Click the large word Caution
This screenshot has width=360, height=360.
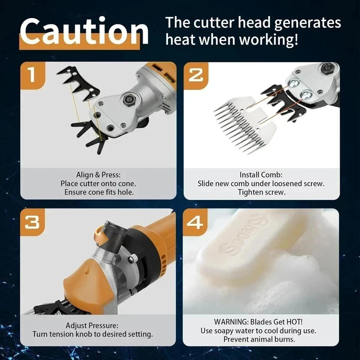tap(84, 31)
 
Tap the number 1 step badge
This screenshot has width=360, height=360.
tap(32, 75)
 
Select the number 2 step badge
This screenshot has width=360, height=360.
tap(196, 75)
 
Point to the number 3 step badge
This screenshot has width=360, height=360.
tap(32, 222)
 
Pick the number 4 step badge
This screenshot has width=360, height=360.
tap(195, 222)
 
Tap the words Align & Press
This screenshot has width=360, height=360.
tap(98, 175)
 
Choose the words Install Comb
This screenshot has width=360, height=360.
tap(261, 175)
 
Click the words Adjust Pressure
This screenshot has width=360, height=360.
tap(92, 325)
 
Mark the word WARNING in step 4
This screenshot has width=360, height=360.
tap(231, 322)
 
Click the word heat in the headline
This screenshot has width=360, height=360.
tap(180, 39)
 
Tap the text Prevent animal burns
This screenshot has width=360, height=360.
tap(259, 339)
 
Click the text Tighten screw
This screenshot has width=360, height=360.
tap(262, 192)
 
